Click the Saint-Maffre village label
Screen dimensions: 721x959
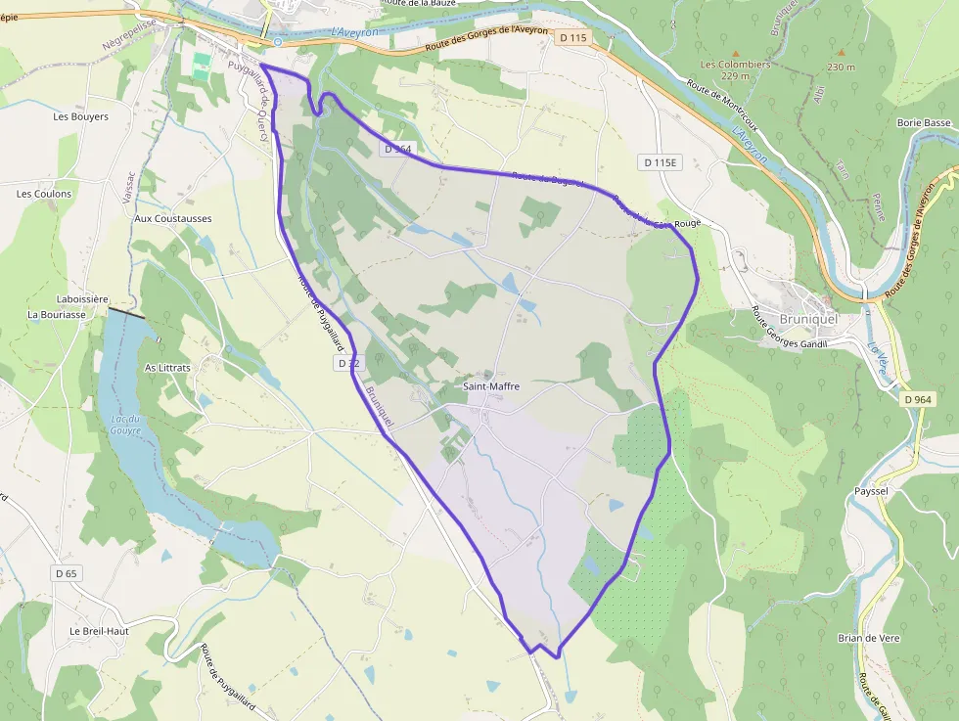tap(491, 386)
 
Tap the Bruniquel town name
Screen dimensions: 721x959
tap(810, 318)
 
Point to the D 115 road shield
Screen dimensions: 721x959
tap(574, 38)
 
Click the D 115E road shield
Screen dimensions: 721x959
tap(662, 161)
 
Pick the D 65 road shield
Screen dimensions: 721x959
tap(66, 572)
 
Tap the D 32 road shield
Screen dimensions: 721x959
tap(348, 363)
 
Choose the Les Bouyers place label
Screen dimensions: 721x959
tap(80, 116)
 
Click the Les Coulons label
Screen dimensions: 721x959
tap(44, 194)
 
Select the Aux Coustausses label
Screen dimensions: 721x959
tap(173, 218)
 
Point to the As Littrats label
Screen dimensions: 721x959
tap(167, 367)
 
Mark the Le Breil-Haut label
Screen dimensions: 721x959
tap(100, 631)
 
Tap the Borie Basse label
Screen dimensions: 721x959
tap(924, 123)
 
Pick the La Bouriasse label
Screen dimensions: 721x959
tap(60, 315)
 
